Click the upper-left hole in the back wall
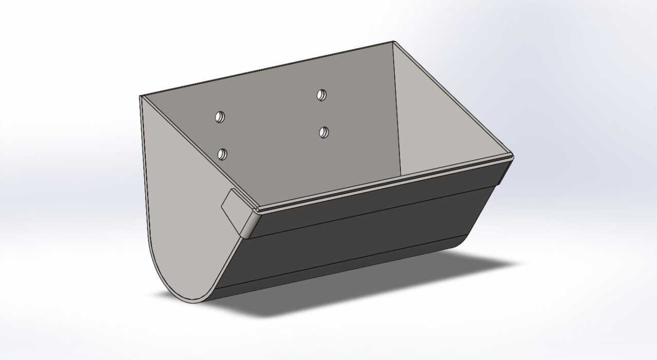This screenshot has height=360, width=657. pyautogui.click(x=220, y=117)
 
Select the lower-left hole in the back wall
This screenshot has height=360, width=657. pyautogui.click(x=222, y=153)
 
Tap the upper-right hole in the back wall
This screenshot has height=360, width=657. pyautogui.click(x=321, y=94)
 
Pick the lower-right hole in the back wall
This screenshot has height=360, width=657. pyautogui.click(x=323, y=132)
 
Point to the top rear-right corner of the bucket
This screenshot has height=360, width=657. pyautogui.click(x=393, y=42)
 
